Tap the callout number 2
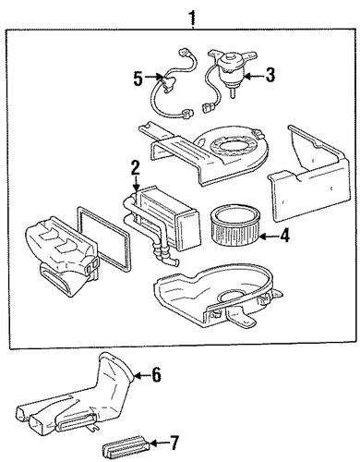136,169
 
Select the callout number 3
270,76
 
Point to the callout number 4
284,237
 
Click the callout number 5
138,79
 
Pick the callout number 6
155,375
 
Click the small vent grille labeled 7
126,445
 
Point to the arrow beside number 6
142,375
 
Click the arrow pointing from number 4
269,237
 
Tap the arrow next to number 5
152,77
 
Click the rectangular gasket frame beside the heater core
102,237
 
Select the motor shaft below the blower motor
233,93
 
